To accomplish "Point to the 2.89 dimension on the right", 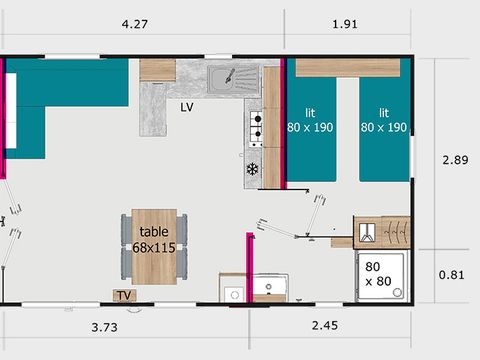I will point(455,158).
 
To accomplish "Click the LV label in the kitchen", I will point(187,106).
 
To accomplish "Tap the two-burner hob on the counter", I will point(255,125).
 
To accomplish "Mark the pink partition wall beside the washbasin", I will point(247,266).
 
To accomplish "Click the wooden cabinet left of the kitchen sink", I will point(157,69).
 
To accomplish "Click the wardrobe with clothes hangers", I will point(381,230).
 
